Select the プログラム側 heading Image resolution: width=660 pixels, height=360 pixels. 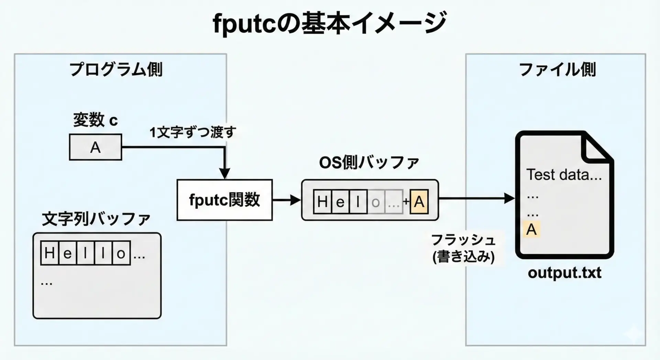click(x=116, y=70)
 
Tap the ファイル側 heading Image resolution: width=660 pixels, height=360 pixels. click(x=557, y=70)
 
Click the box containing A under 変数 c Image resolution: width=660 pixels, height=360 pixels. click(x=96, y=148)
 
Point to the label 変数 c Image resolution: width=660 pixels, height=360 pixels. click(x=95, y=120)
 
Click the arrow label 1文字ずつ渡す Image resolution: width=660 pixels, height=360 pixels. click(x=193, y=132)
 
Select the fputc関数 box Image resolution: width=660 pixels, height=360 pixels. click(x=224, y=200)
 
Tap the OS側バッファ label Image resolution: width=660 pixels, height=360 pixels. click(x=369, y=163)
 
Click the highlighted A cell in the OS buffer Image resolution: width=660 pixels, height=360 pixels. click(x=419, y=202)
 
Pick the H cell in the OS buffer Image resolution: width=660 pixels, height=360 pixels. click(x=322, y=202)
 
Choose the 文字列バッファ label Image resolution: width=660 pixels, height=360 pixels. click(x=96, y=219)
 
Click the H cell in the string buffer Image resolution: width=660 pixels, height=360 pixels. click(x=49, y=253)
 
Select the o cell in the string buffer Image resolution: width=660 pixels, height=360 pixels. click(x=121, y=253)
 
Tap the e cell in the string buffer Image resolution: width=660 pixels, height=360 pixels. click(x=67, y=253)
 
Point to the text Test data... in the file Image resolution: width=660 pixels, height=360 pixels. click(x=564, y=175)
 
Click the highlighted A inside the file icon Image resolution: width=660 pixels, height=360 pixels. click(x=531, y=229)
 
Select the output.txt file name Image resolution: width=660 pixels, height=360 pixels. click(x=564, y=273)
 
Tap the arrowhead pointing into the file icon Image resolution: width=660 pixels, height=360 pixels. click(x=509, y=198)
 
